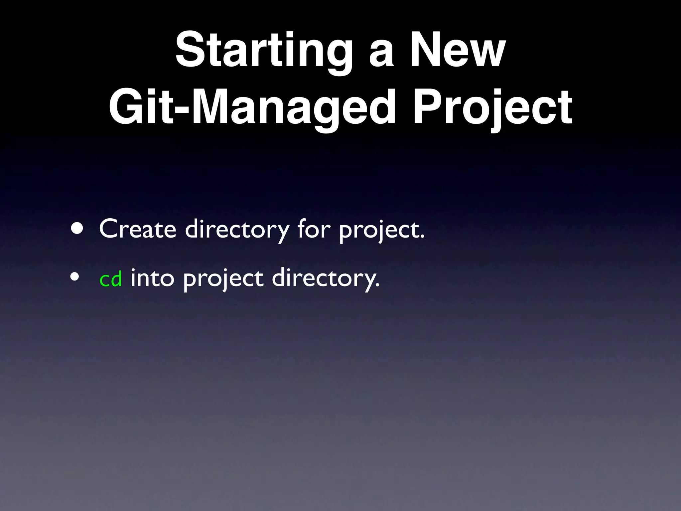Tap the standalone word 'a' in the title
382,55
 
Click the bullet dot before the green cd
75,277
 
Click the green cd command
111,279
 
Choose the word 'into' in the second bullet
152,277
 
